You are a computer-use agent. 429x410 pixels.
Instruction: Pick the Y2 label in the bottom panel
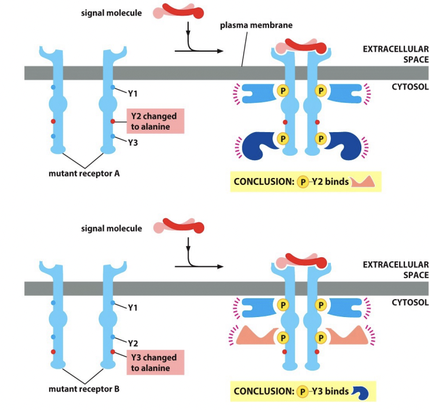[132, 343]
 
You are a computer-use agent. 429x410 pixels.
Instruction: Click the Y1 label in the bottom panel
[132, 308]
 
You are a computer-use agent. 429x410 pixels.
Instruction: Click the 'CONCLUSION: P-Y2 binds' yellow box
[306, 182]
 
